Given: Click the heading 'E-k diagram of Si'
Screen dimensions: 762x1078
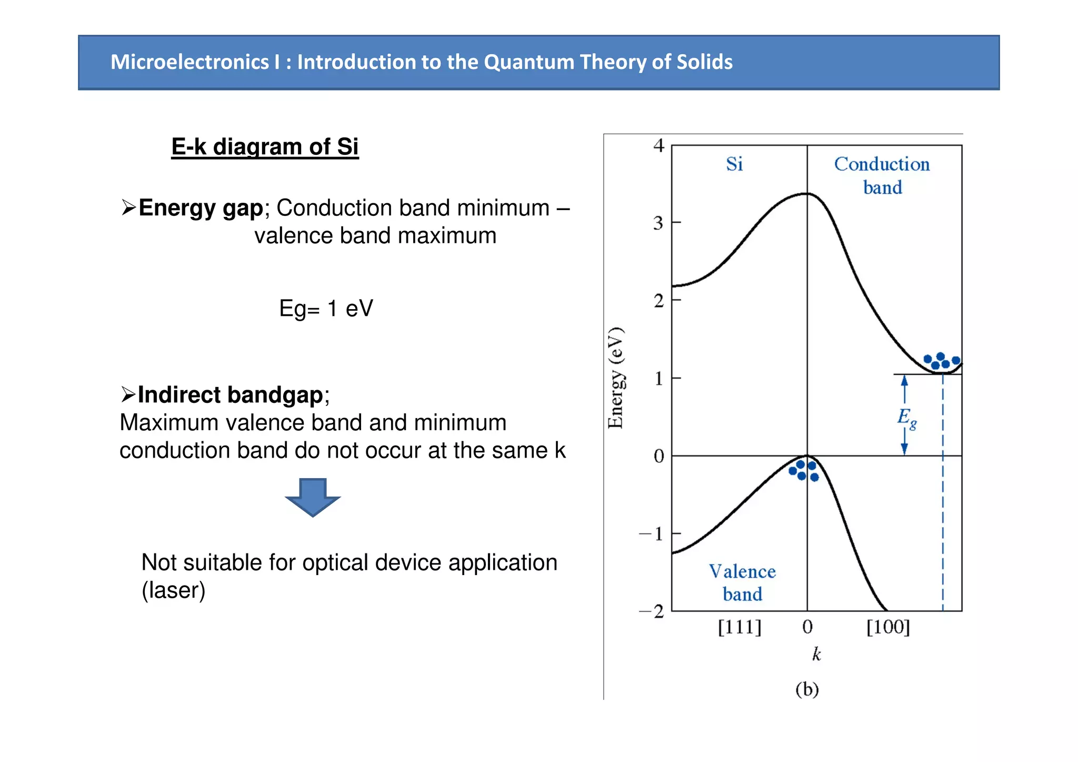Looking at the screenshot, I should (x=265, y=147).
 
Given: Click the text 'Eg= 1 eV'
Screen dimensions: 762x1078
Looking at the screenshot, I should (x=326, y=309).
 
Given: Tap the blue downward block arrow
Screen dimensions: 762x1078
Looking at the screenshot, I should (x=313, y=497).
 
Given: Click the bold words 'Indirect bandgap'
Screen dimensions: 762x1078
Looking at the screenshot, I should (x=230, y=395).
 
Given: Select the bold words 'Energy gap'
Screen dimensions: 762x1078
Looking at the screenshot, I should (x=201, y=208).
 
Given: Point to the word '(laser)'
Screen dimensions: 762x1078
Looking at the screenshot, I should (x=173, y=590).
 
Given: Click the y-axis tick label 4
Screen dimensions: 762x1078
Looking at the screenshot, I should (x=658, y=146).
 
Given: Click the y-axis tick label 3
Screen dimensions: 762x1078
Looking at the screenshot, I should (x=658, y=223).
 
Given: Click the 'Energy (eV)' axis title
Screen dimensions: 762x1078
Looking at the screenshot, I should (x=616, y=378).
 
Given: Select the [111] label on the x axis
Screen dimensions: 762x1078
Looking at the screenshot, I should (x=740, y=627).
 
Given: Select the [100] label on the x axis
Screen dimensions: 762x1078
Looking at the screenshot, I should (x=888, y=627).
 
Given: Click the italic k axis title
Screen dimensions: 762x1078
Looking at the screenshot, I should (x=816, y=654).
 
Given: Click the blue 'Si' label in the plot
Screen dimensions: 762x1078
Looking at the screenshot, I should (x=734, y=164).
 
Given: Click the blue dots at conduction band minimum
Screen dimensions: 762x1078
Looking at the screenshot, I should (x=941, y=361).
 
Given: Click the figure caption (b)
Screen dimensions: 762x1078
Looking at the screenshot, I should (x=807, y=689).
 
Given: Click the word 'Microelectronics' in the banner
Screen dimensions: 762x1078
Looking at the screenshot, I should (x=190, y=62).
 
